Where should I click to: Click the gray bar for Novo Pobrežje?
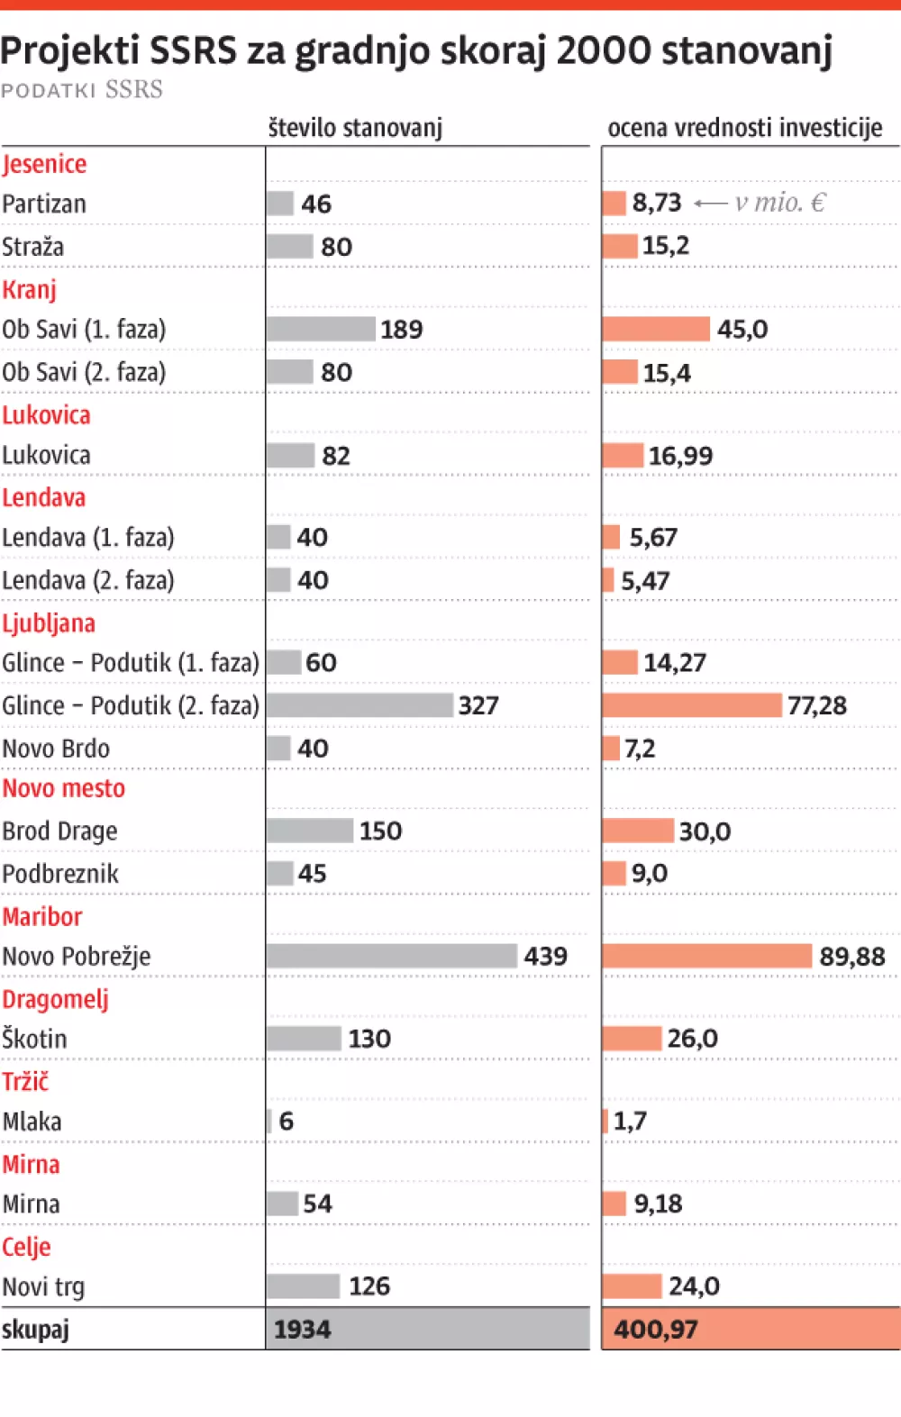tap(392, 956)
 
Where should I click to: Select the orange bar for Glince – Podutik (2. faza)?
tap(692, 705)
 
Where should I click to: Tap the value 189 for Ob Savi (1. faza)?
tap(401, 330)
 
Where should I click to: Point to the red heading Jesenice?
tap(44, 164)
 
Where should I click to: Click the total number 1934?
tap(303, 1330)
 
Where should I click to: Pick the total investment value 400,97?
tap(656, 1330)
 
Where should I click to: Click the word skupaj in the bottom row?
tap(35, 1330)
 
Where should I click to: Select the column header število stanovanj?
tap(355, 128)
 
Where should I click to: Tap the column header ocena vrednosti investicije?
tap(745, 128)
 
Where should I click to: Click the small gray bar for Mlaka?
tap(269, 1121)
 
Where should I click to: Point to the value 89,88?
tap(851, 957)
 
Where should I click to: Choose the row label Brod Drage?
tap(59, 831)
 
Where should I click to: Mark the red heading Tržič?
tap(25, 1081)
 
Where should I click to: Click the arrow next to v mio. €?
tap(711, 204)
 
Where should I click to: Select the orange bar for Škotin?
tap(633, 1039)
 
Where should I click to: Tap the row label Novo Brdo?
tap(56, 749)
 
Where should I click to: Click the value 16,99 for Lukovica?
tap(680, 456)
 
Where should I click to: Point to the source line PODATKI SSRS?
tap(82, 90)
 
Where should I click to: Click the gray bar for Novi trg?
tap(304, 1286)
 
